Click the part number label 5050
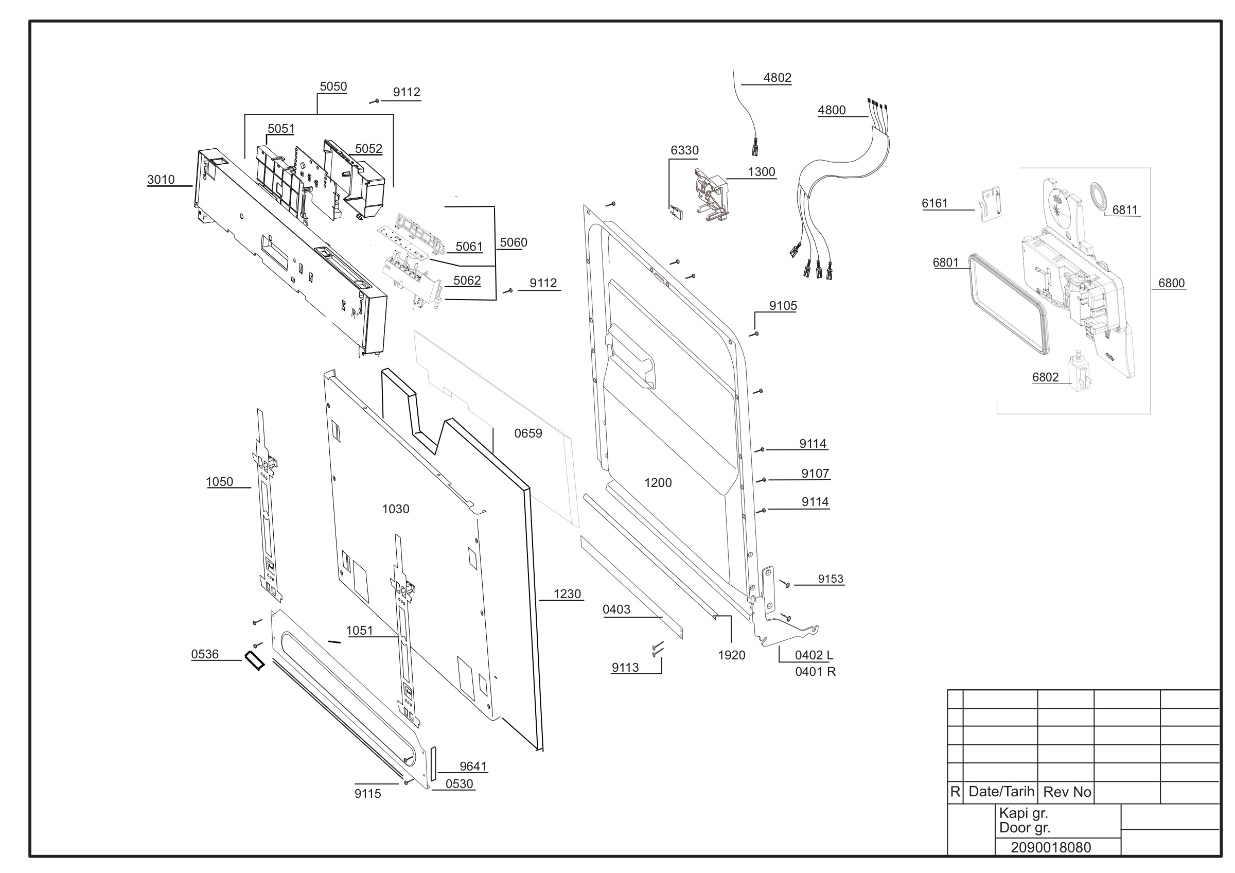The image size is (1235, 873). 333,86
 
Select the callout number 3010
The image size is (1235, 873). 161,180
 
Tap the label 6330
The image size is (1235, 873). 684,151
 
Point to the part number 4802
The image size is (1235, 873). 777,78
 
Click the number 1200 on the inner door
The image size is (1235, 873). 658,483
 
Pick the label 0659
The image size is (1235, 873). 528,433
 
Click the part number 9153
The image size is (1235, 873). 831,579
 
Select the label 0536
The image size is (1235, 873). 205,655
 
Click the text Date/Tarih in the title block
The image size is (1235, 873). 1001,791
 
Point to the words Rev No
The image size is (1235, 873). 1067,792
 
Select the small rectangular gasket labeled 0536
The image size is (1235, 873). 254,660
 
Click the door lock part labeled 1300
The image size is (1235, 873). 710,195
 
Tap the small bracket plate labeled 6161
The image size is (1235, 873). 991,204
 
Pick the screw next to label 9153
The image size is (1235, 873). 785,583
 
